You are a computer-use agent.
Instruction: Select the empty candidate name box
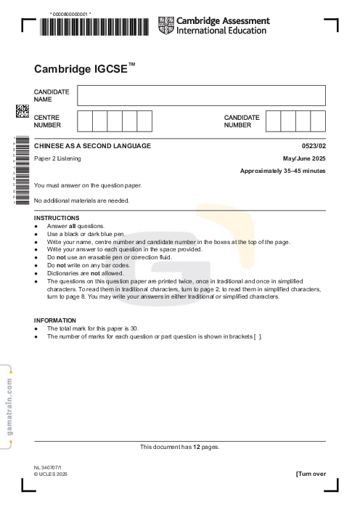(201, 95)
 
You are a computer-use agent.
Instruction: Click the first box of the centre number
(84, 121)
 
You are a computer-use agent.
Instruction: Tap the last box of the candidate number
(318, 121)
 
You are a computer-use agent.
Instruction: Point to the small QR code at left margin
(22, 111)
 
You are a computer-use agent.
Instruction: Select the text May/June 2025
(305, 158)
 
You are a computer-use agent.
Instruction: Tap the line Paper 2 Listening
(57, 158)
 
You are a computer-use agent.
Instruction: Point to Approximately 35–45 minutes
(283, 171)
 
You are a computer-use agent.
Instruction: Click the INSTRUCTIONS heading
(57, 218)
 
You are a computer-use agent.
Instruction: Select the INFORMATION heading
(55, 320)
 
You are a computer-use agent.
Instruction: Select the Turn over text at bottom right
(311, 474)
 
